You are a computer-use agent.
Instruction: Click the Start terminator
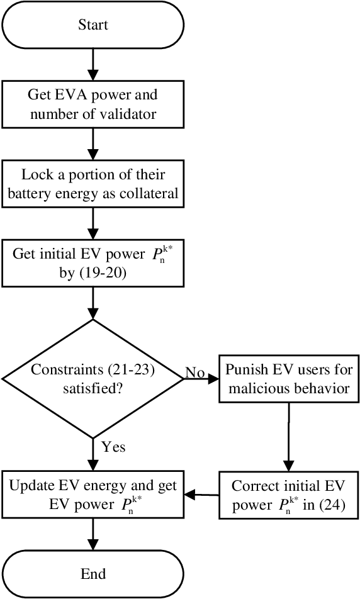coord(93,25)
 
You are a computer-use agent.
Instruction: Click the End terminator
coord(93,574)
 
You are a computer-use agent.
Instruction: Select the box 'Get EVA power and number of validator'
coord(93,104)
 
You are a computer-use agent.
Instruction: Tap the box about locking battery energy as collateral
coord(93,184)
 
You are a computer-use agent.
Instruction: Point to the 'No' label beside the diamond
coord(194,373)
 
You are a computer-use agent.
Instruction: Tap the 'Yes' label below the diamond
coord(113,447)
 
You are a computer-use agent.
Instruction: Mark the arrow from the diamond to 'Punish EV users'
coord(201,380)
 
